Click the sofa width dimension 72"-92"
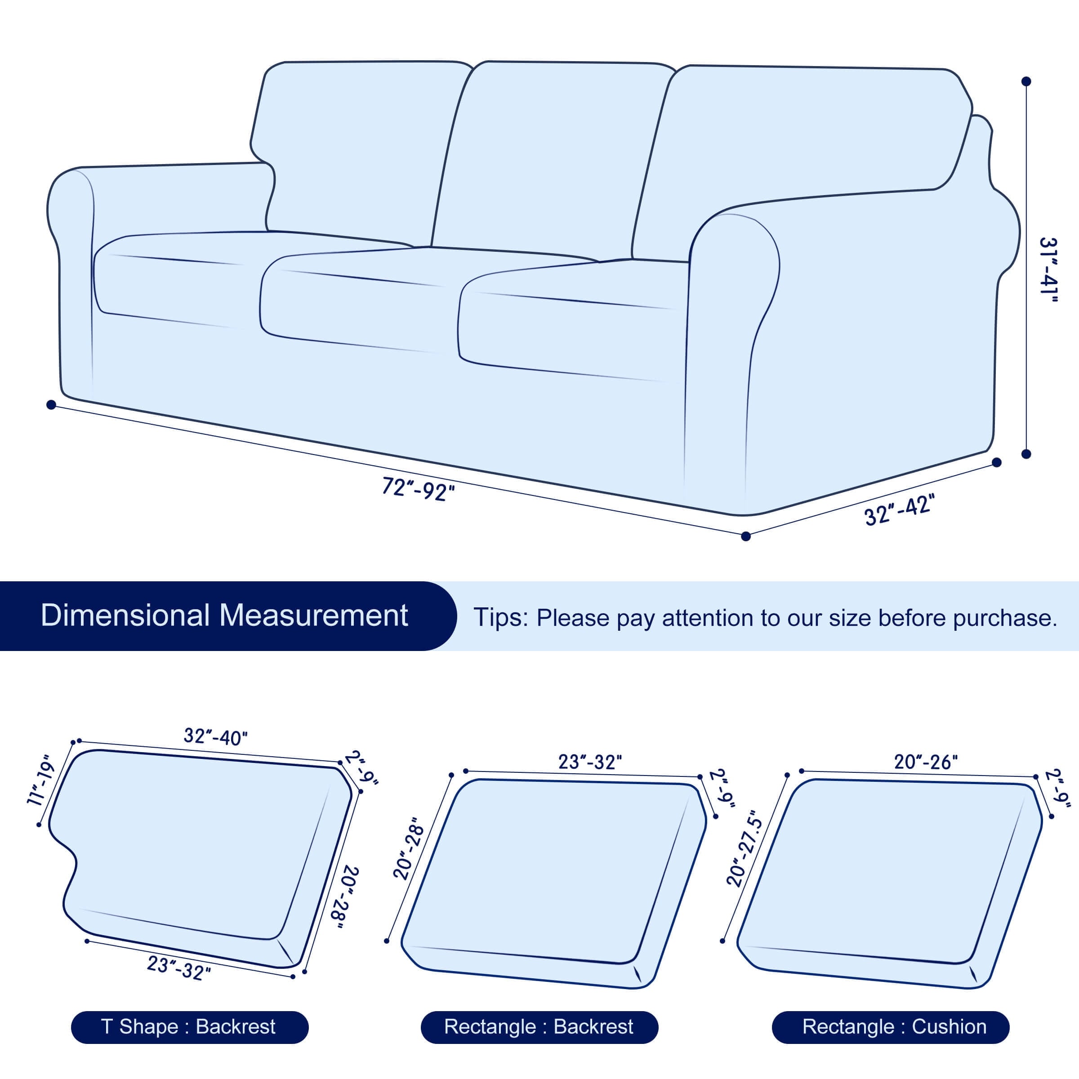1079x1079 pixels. [418, 489]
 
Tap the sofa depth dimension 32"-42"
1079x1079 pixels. [899, 509]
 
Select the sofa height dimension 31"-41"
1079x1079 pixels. [1048, 270]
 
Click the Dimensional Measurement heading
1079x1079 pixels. [224, 615]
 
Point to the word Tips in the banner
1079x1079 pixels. [500, 618]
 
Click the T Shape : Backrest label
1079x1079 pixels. [189, 1026]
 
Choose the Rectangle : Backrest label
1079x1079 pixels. [539, 1026]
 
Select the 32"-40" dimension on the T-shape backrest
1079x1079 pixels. [216, 737]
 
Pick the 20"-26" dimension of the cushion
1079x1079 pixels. [926, 762]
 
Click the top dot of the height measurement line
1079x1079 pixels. [1026, 81]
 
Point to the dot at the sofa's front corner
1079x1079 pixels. [745, 536]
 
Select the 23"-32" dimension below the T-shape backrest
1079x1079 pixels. [179, 968]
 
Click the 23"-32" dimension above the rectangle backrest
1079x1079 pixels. [590, 762]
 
